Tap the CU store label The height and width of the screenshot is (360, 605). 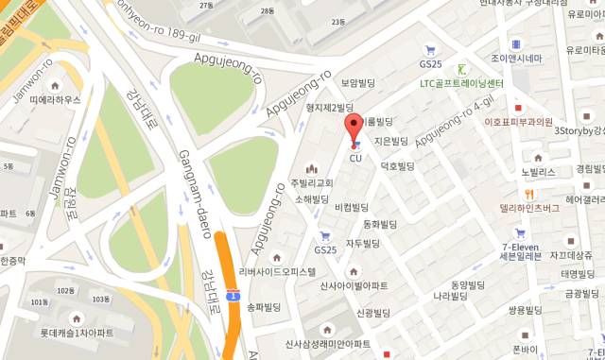[x=356, y=158]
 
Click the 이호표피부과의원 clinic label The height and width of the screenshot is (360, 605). [x=518, y=122]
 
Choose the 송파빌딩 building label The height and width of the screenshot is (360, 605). [x=264, y=307]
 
